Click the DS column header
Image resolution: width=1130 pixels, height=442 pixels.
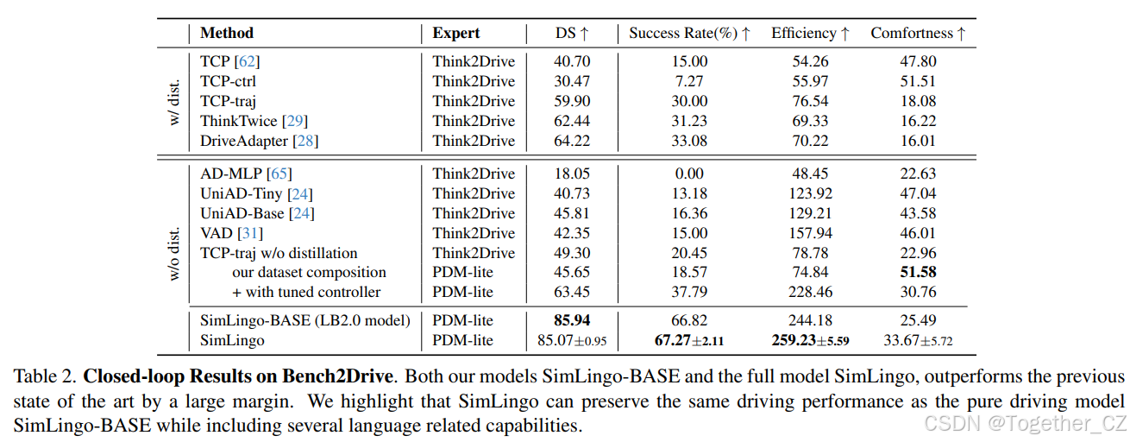click(571, 34)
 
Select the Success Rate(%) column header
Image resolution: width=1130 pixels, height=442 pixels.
click(689, 34)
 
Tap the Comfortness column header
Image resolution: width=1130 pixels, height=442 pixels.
click(918, 34)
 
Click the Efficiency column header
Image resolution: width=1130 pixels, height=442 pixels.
click(810, 34)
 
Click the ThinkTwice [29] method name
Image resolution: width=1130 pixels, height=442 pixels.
click(254, 121)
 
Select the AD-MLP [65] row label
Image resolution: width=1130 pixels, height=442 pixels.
click(245, 174)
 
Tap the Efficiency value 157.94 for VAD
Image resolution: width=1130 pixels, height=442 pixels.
click(810, 233)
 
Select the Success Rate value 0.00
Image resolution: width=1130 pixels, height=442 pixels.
click(689, 174)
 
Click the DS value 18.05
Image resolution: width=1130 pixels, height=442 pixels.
click(571, 174)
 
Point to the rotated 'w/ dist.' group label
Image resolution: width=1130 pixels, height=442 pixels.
click(173, 101)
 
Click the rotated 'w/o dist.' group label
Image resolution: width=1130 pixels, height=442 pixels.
click(173, 253)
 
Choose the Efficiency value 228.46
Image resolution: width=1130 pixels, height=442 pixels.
click(810, 293)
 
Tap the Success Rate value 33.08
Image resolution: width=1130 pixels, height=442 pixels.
click(689, 141)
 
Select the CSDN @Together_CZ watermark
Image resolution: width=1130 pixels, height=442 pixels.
click(1024, 422)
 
